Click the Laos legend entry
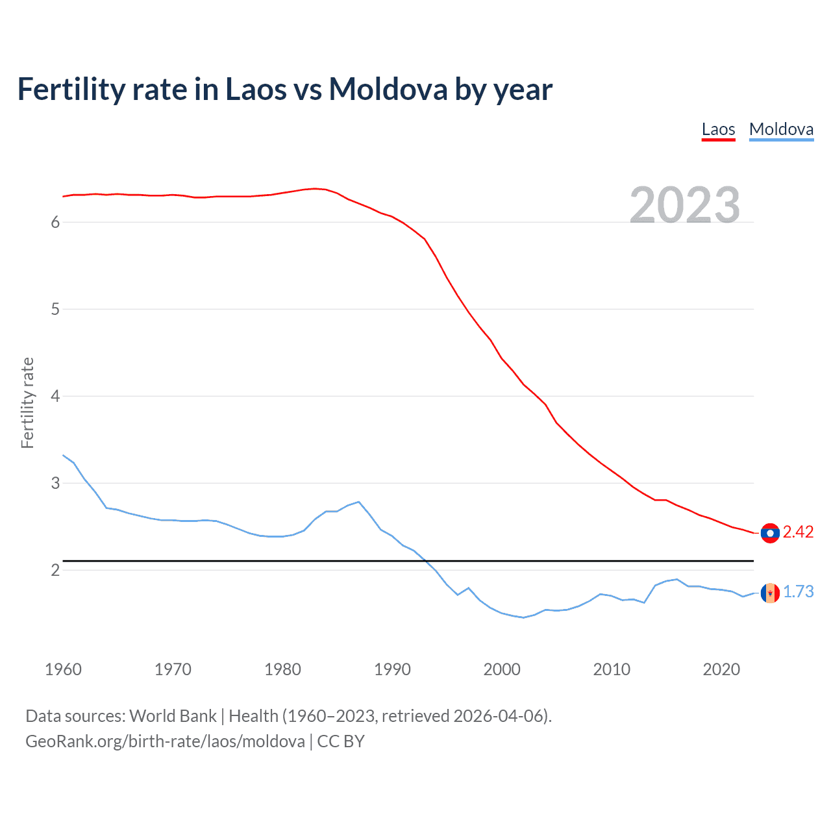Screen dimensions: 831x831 click(x=718, y=129)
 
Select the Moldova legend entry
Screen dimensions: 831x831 click(x=781, y=129)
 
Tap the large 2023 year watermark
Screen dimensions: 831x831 click(x=685, y=205)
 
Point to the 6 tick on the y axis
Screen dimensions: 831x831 click(x=55, y=223)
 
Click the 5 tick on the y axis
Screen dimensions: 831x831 click(x=55, y=310)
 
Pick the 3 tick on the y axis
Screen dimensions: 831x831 click(x=55, y=484)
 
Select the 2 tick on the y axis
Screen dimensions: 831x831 click(x=55, y=571)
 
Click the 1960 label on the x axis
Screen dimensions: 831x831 click(x=63, y=669)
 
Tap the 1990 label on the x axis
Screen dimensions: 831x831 click(x=392, y=669)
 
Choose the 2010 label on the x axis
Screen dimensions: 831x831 click(x=612, y=669)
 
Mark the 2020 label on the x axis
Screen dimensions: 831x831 click(x=721, y=669)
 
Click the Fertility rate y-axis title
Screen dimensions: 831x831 click(x=27, y=403)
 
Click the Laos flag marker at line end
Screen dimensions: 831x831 click(x=770, y=533)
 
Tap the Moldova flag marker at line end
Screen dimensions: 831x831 click(x=770, y=593)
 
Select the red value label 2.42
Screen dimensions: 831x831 click(x=798, y=532)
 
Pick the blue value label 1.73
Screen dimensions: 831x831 click(x=798, y=592)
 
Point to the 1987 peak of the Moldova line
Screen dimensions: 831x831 click(x=359, y=502)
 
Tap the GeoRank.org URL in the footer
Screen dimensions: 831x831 click(x=165, y=741)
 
